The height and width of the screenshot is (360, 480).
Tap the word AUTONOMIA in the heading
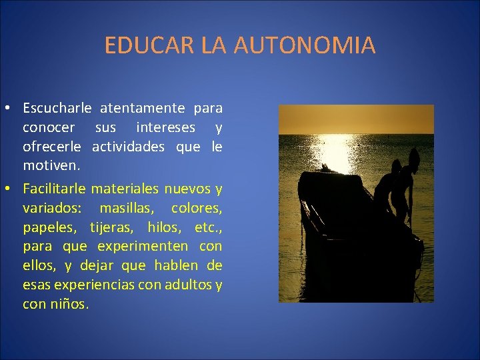(305, 45)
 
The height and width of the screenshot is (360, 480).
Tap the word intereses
(165, 127)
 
